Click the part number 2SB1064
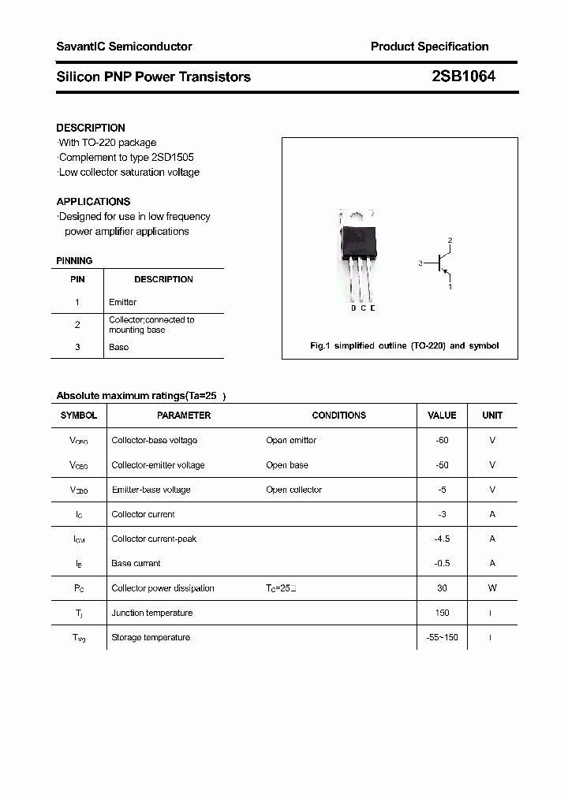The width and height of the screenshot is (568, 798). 463,76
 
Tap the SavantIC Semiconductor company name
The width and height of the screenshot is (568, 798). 124,47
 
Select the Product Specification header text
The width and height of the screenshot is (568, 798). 429,47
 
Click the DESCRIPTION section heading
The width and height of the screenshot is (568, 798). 91,128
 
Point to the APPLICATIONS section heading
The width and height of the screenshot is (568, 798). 93,201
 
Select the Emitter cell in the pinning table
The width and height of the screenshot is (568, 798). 122,302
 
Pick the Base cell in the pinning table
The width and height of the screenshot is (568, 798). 118,347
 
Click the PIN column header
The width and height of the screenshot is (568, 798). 77,279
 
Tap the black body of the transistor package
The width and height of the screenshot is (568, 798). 359,240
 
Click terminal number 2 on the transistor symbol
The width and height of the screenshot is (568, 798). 450,240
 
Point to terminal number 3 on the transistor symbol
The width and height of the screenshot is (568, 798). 421,263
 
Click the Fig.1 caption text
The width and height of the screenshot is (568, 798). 404,346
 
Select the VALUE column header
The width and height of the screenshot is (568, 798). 442,415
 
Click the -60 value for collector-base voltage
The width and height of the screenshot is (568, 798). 442,440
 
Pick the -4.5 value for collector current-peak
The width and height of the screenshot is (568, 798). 442,539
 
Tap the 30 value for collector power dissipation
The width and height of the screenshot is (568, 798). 442,588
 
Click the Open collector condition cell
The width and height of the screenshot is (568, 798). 293,490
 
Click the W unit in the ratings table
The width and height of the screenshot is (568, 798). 492,588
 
